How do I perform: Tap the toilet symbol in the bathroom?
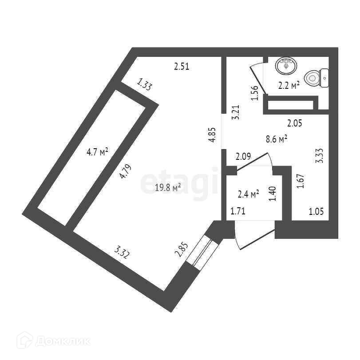318,78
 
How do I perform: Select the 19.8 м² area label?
167,188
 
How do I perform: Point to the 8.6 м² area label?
276,139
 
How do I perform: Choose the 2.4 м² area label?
248,194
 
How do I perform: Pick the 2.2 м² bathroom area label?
289,86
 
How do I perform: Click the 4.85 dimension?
213,135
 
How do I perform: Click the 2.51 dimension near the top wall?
182,67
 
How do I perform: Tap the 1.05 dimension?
316,212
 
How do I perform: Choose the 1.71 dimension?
238,212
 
